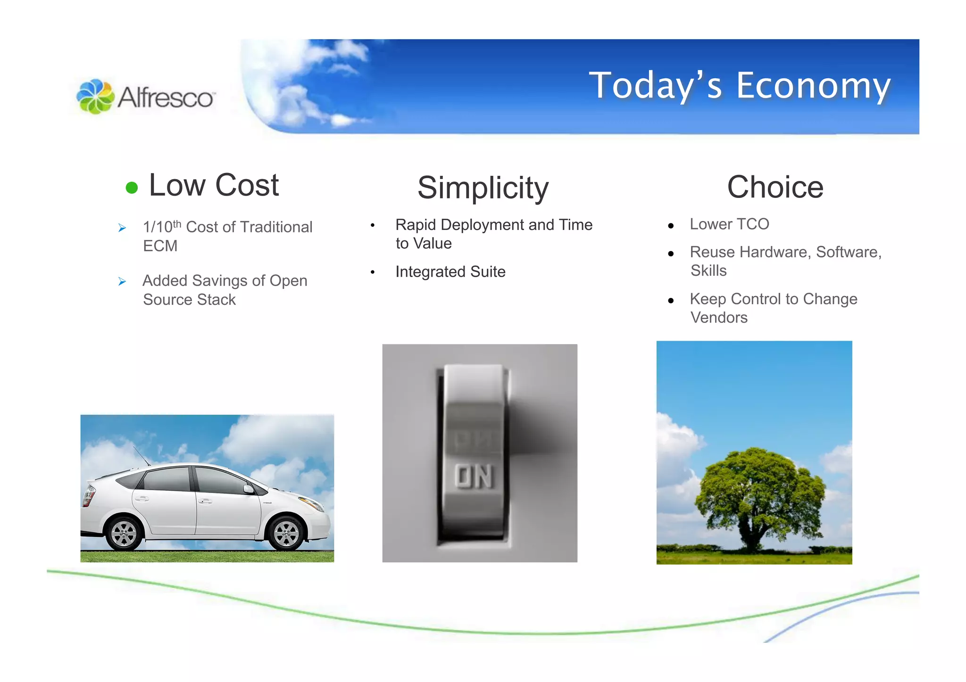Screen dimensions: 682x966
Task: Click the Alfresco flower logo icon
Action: pos(95,96)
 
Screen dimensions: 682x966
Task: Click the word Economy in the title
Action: pos(813,86)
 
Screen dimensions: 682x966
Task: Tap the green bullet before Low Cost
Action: pos(132,188)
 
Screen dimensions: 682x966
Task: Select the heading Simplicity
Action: pos(483,188)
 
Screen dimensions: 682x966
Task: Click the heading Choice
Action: pos(775,187)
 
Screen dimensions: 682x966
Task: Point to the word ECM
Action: pos(160,246)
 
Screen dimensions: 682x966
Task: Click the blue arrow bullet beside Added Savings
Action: pos(122,281)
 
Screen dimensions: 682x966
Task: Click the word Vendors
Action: pos(719,318)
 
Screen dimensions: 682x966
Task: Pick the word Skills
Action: pos(708,271)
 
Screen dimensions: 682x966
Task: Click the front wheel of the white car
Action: pos(286,534)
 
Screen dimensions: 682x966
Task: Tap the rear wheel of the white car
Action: pos(124,534)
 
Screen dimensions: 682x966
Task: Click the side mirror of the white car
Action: pos(249,489)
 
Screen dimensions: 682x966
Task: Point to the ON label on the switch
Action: pos(474,477)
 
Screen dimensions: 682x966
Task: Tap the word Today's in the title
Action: pos(656,86)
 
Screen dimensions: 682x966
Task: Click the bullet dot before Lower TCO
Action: pos(671,226)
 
